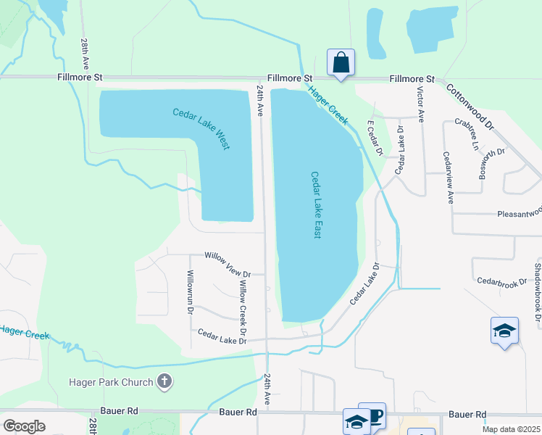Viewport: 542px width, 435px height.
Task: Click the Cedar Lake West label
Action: pos(201,128)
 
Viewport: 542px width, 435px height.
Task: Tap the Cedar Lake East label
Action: pos(316,205)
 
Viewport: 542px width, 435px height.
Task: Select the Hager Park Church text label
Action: pos(111,382)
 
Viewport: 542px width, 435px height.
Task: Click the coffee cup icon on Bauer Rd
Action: pos(375,416)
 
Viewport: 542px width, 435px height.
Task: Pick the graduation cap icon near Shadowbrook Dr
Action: pos(504,331)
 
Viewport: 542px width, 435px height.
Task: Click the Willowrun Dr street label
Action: pos(190,291)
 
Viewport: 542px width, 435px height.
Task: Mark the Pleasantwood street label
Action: pos(519,214)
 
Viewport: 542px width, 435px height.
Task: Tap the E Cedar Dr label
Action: pos(375,138)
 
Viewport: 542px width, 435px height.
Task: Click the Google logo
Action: pos(25,426)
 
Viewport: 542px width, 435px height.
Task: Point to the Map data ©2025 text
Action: pos(511,429)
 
